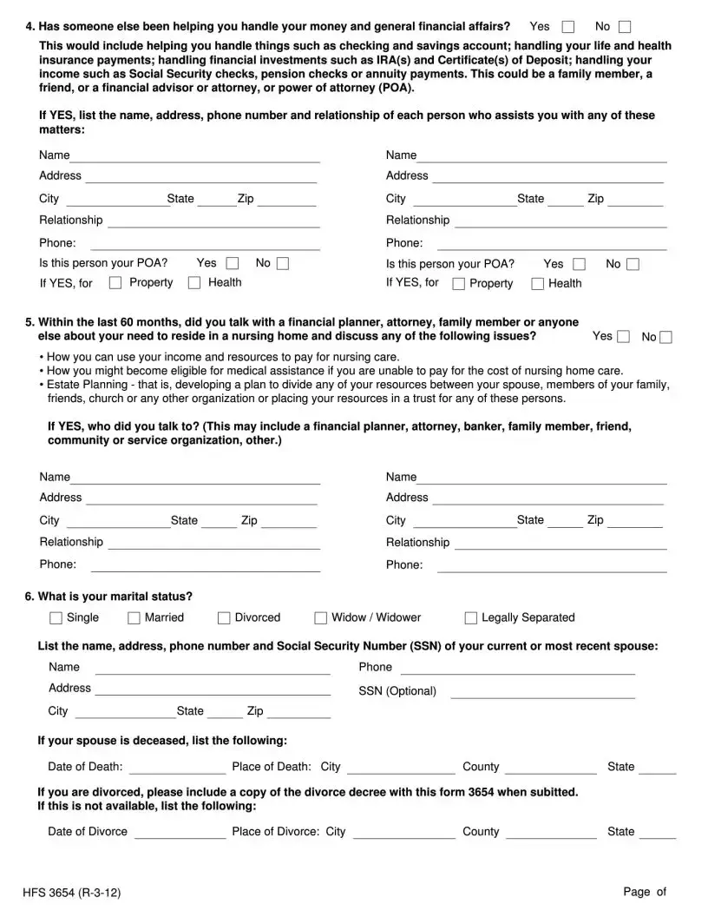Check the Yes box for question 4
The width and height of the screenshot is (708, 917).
click(x=568, y=27)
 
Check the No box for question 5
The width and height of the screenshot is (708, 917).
click(x=665, y=337)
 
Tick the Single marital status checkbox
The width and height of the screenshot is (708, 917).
click(x=56, y=618)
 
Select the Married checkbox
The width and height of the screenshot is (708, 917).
click(x=134, y=618)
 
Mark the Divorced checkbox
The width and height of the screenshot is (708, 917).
click(x=224, y=618)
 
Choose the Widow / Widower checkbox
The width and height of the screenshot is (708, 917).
click(x=321, y=618)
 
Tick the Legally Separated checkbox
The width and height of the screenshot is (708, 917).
click(x=471, y=618)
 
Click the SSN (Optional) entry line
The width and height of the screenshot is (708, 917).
click(x=542, y=692)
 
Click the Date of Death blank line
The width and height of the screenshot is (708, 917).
click(x=177, y=769)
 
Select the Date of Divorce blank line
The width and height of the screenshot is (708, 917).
click(x=180, y=834)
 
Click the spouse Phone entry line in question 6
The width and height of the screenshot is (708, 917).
click(x=517, y=669)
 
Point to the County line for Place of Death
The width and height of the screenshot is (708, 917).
click(x=550, y=769)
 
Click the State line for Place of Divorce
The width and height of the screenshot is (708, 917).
click(x=658, y=834)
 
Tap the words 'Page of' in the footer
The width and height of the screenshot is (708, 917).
click(x=644, y=892)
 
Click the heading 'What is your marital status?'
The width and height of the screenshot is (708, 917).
click(x=115, y=597)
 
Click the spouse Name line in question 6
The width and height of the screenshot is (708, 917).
click(x=213, y=669)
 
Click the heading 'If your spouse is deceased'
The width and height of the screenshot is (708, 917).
click(x=162, y=741)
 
